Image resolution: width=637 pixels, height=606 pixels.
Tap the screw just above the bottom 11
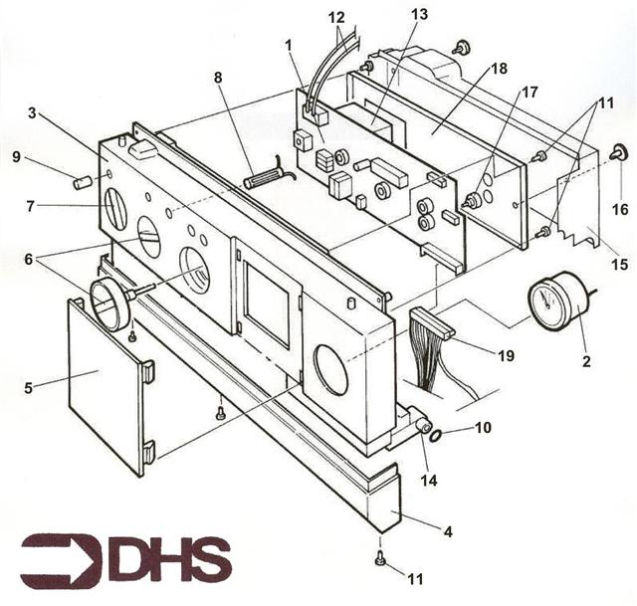[x=381, y=560]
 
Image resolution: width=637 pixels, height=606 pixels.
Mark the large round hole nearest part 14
[x=331, y=366]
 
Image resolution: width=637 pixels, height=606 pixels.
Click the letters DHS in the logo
[x=169, y=559]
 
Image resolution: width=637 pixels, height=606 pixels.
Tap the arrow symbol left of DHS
[x=61, y=560]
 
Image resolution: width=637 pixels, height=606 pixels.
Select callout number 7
[x=32, y=206]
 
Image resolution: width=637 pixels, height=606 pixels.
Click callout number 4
[x=449, y=533]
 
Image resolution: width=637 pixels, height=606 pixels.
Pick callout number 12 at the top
[x=337, y=18]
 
